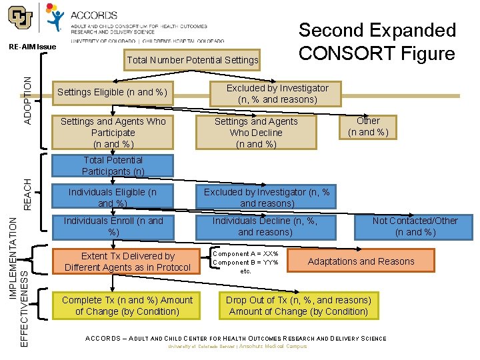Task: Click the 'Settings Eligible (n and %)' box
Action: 112,92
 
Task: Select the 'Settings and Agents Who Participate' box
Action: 113,133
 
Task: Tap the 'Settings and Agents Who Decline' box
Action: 256,133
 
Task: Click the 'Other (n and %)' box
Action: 368,127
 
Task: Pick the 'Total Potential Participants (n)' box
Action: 113,166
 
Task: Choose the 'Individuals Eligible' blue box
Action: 113,197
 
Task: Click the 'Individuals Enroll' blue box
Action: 113,226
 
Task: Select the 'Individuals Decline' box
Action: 265,226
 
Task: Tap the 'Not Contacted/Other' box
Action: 415,226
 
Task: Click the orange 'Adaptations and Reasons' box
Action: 361,261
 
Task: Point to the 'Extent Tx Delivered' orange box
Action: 127,261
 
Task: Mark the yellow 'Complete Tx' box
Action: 127,305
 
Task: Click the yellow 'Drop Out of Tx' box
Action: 298,305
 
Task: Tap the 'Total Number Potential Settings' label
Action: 193,60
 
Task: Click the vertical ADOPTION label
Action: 27,99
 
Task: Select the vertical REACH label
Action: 27,194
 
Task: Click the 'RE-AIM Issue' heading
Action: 33,47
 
